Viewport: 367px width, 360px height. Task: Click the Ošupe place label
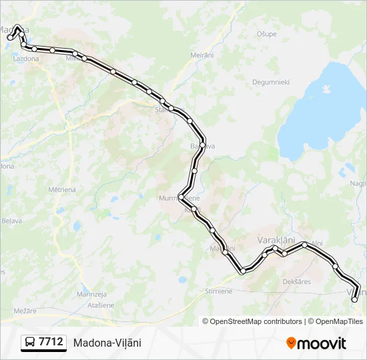click(266, 33)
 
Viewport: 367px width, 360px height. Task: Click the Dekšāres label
click(297, 282)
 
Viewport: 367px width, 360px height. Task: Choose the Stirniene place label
click(219, 291)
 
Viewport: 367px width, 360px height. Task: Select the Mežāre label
click(24, 311)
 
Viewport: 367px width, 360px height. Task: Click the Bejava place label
click(12, 220)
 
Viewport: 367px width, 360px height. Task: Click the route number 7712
click(51, 342)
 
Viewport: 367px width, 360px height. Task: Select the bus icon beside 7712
click(30, 343)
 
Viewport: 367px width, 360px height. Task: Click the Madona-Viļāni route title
click(107, 343)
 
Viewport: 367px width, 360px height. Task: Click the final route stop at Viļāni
click(354, 300)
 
